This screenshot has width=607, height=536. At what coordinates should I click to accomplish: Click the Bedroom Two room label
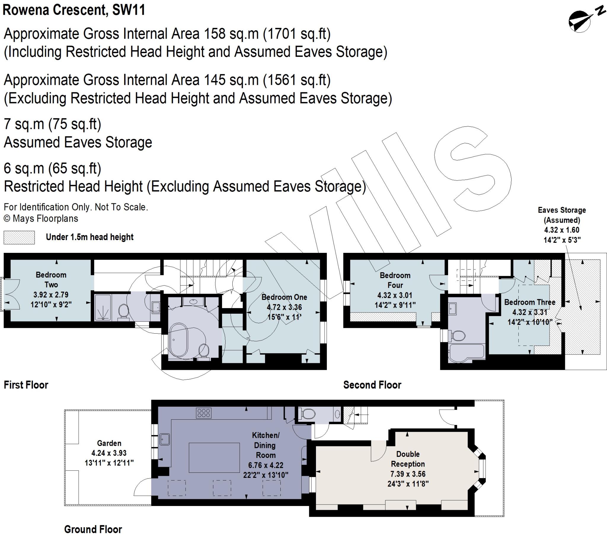51,280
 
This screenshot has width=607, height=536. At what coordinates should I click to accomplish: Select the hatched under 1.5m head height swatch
19,237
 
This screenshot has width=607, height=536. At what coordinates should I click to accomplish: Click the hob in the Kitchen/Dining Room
204,413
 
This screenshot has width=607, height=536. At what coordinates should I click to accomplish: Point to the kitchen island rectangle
214,457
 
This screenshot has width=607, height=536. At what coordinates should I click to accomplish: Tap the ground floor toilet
308,413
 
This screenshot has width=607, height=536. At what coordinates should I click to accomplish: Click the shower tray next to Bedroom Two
103,307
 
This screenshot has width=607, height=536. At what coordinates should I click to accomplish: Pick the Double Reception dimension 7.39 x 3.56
408,474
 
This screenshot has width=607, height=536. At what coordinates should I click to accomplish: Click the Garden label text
109,443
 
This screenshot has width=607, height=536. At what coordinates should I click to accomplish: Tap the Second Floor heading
372,385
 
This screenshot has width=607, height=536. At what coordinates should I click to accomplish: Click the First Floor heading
26,385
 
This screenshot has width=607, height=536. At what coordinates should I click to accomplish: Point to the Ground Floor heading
93,529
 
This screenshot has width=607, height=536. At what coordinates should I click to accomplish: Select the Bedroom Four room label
395,280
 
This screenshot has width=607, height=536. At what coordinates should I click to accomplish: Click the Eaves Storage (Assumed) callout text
562,215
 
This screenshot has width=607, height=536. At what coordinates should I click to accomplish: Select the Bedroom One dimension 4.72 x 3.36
284,307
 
